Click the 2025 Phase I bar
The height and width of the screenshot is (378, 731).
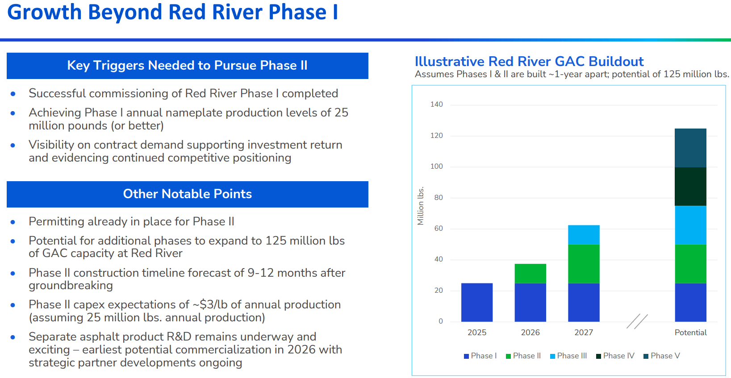coord(476,302)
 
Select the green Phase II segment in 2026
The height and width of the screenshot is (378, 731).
coord(530,273)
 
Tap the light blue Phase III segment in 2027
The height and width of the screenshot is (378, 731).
coord(584,235)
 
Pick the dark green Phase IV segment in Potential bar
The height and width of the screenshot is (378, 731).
coord(690,187)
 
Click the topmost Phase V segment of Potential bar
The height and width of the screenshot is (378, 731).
coord(690,148)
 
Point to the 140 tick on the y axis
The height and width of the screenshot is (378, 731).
coord(436,104)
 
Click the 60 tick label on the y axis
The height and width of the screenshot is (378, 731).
coord(439,228)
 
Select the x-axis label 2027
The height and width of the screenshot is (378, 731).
coord(584,332)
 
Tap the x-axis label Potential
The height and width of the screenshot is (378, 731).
coord(690,332)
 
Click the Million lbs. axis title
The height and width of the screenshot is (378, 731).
coord(420,206)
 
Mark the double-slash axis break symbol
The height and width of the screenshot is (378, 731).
coord(637,321)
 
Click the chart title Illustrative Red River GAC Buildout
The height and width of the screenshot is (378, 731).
coord(529,61)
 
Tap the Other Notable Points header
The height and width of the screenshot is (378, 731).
coord(188,194)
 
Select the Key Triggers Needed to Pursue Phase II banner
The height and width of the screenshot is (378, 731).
coord(188,66)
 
